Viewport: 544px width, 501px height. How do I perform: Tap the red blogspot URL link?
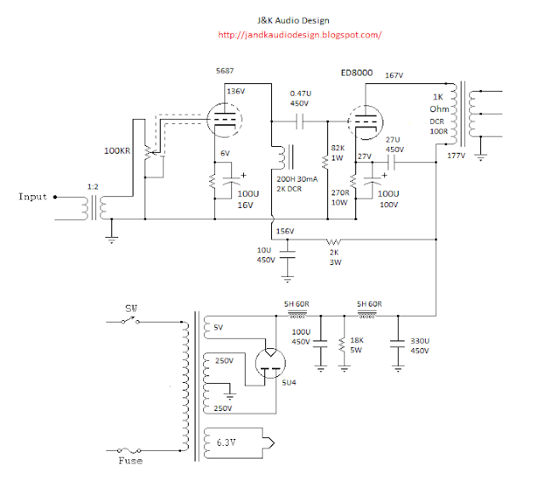(x=299, y=35)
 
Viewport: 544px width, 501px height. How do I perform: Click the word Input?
(x=33, y=197)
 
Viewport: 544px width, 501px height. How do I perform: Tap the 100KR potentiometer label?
(x=116, y=150)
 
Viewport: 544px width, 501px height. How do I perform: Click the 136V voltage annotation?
(x=235, y=91)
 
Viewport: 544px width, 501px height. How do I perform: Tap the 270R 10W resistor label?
(x=339, y=197)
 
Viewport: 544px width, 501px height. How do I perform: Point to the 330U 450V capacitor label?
(x=419, y=343)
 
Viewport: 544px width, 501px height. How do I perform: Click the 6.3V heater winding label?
(x=226, y=442)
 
